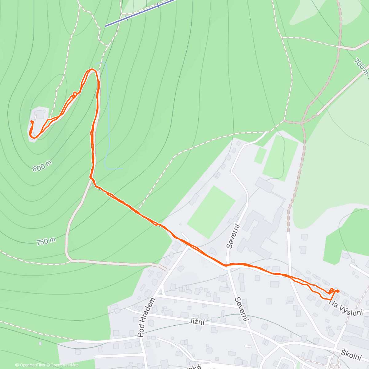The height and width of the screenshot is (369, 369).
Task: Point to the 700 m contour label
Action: [360, 66]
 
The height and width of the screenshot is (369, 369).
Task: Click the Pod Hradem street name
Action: [146, 318]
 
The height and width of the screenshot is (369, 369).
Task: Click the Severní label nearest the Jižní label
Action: [242, 309]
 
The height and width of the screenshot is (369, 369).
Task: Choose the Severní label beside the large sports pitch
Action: [232, 235]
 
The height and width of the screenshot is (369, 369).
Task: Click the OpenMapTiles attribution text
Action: [30, 365]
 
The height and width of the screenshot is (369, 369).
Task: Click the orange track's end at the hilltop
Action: [32, 121]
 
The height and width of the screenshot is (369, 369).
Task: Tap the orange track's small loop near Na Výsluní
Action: [333, 291]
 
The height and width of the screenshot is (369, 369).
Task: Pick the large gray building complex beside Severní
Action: [261, 228]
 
